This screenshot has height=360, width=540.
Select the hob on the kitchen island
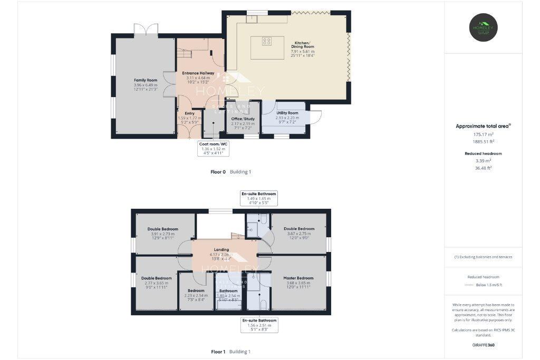point(267,41)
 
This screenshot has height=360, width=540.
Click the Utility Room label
point(286,113)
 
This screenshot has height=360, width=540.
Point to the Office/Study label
point(243,119)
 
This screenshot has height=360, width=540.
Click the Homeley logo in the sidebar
point(484,27)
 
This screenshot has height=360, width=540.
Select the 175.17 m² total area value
point(484,134)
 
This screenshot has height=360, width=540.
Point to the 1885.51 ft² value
point(484,141)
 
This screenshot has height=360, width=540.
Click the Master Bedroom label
point(298,278)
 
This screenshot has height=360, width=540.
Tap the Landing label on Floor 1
point(221,250)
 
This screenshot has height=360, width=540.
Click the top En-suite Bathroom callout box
point(259,198)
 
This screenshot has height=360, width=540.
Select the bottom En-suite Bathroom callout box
point(259,324)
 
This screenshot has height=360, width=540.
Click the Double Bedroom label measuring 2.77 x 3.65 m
point(156,278)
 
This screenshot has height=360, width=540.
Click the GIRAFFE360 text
point(484,345)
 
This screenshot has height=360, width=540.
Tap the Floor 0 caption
point(218,172)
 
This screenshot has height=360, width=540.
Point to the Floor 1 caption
point(218,352)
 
